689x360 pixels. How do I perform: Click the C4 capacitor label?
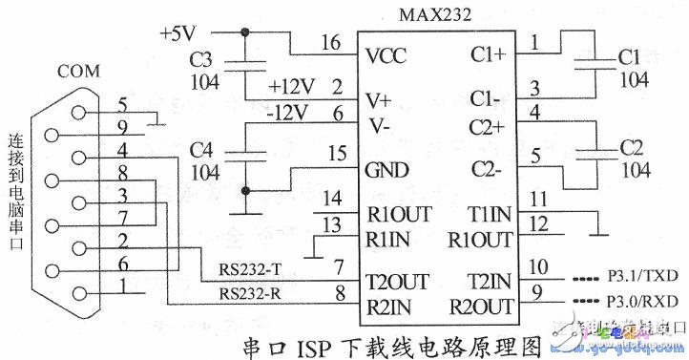[200, 150]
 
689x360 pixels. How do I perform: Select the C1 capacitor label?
[630, 56]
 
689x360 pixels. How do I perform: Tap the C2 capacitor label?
[631, 151]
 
